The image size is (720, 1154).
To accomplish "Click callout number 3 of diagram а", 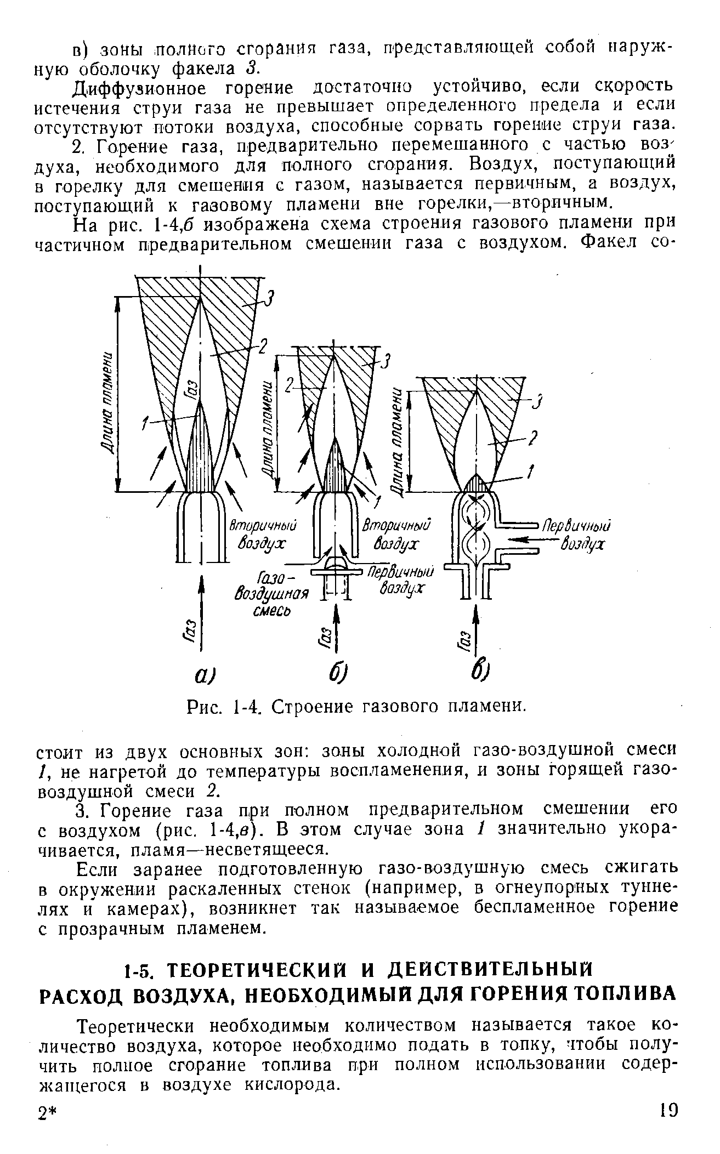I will point(269,300).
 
